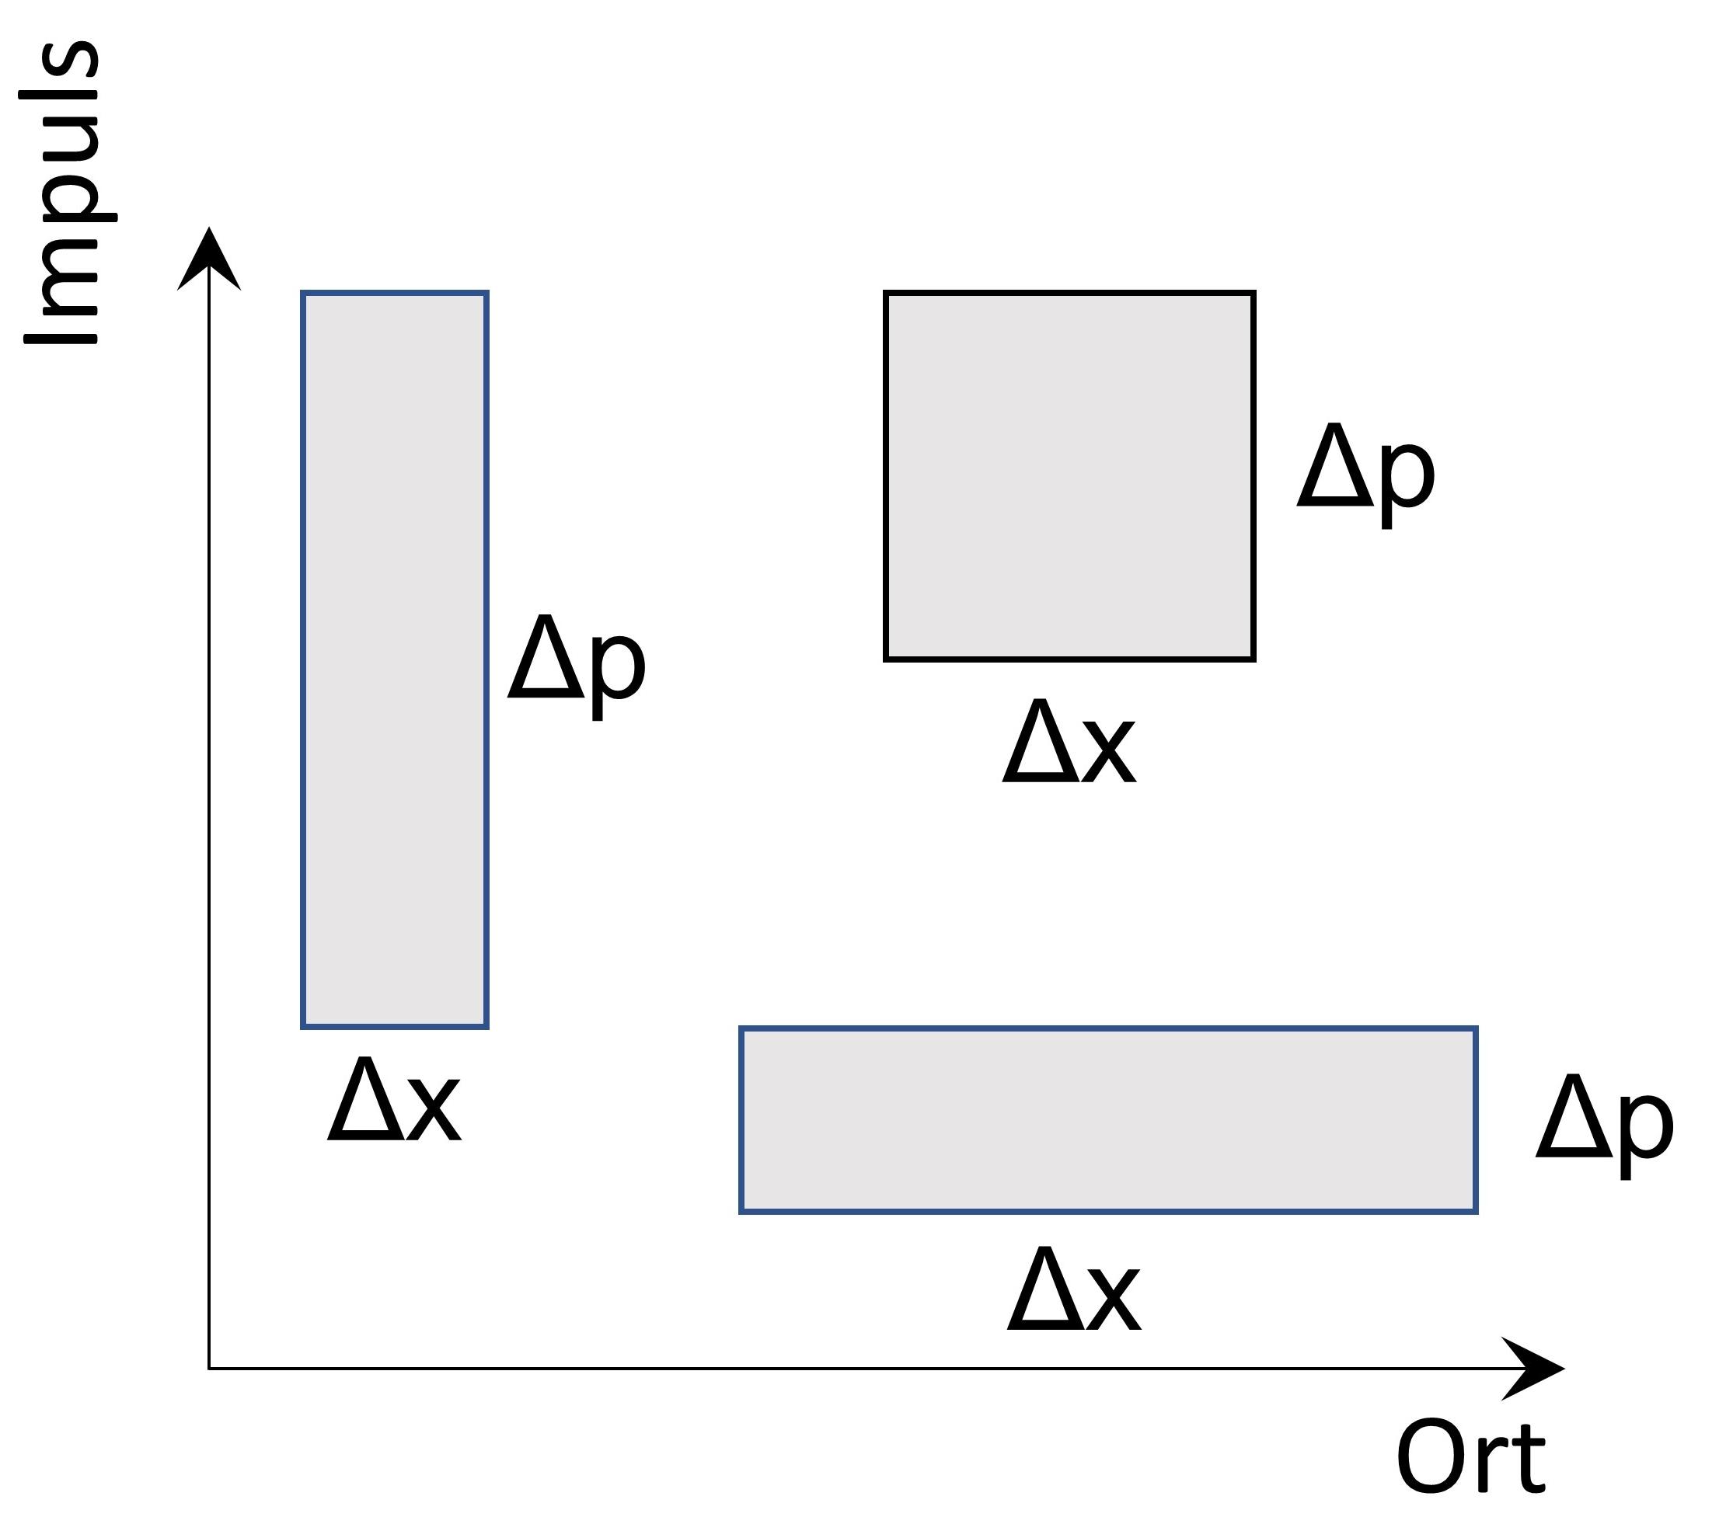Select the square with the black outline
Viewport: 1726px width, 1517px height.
click(1069, 476)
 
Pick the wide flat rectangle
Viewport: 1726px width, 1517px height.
click(1108, 1120)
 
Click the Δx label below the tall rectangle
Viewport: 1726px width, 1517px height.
click(393, 1101)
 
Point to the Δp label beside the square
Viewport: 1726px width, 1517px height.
click(1365, 474)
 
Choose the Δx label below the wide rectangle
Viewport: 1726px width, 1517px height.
click(1073, 1291)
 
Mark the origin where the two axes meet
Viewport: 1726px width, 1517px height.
click(209, 1368)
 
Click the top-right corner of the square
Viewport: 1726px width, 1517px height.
click(1254, 293)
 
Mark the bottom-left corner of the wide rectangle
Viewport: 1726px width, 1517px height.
click(741, 1213)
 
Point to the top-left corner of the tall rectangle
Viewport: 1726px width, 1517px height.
click(303, 293)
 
